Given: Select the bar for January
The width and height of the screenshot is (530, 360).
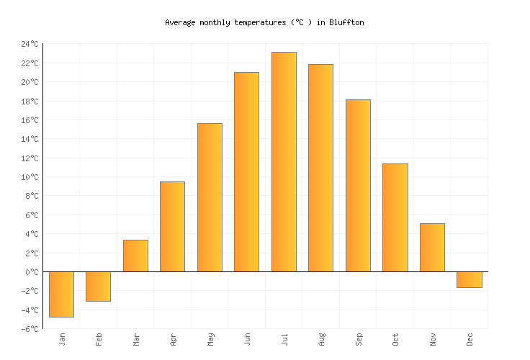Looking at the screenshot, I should click(x=61, y=294).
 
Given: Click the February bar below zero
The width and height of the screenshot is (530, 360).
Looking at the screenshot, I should click(x=98, y=286).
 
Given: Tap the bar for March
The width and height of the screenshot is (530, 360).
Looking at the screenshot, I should click(x=135, y=256).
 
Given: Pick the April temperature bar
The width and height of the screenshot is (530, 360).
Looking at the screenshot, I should click(x=172, y=226).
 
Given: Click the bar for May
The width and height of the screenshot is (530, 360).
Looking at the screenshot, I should click(x=210, y=197).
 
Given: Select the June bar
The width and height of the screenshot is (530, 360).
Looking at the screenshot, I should click(x=246, y=172).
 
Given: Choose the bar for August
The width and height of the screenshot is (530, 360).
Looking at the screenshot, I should click(x=320, y=168).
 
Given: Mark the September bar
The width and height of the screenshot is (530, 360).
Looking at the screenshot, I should click(x=358, y=186).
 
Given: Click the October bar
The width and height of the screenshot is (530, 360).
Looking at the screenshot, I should click(x=395, y=217).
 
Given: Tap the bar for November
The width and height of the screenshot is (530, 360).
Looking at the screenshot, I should click(x=432, y=247).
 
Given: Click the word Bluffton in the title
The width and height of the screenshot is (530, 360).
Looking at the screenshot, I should click(x=347, y=22).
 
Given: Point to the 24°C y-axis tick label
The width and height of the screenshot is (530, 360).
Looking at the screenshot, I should click(x=30, y=45).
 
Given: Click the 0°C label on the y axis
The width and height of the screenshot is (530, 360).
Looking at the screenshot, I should click(x=32, y=272).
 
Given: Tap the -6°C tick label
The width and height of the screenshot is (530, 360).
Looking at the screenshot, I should click(x=30, y=329).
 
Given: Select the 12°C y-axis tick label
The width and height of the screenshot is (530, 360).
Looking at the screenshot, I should click(x=30, y=158).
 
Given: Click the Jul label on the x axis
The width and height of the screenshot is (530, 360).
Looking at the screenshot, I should click(x=284, y=338).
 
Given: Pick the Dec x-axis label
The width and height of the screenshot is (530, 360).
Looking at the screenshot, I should click(x=470, y=338).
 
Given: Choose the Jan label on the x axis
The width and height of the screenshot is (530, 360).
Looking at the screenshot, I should click(x=62, y=338).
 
